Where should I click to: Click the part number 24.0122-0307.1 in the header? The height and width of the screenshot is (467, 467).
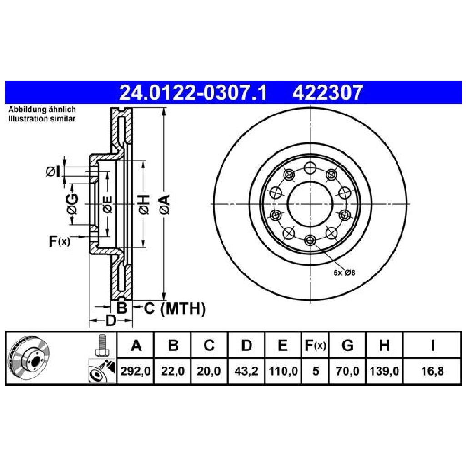click(x=193, y=92)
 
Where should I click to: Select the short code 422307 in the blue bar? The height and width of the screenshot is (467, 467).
click(x=327, y=92)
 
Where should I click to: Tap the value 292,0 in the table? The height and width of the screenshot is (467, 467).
click(x=136, y=371)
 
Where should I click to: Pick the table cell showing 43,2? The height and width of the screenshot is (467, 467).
click(x=246, y=371)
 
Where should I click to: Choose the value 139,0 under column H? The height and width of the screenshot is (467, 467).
click(x=384, y=371)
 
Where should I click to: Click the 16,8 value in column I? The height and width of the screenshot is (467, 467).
click(x=432, y=371)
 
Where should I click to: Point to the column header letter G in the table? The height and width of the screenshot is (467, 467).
click(x=347, y=345)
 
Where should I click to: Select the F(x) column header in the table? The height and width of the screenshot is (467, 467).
click(x=316, y=345)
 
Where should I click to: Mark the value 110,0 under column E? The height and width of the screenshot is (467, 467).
click(x=283, y=371)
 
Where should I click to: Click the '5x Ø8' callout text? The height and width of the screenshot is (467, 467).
click(x=344, y=272)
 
